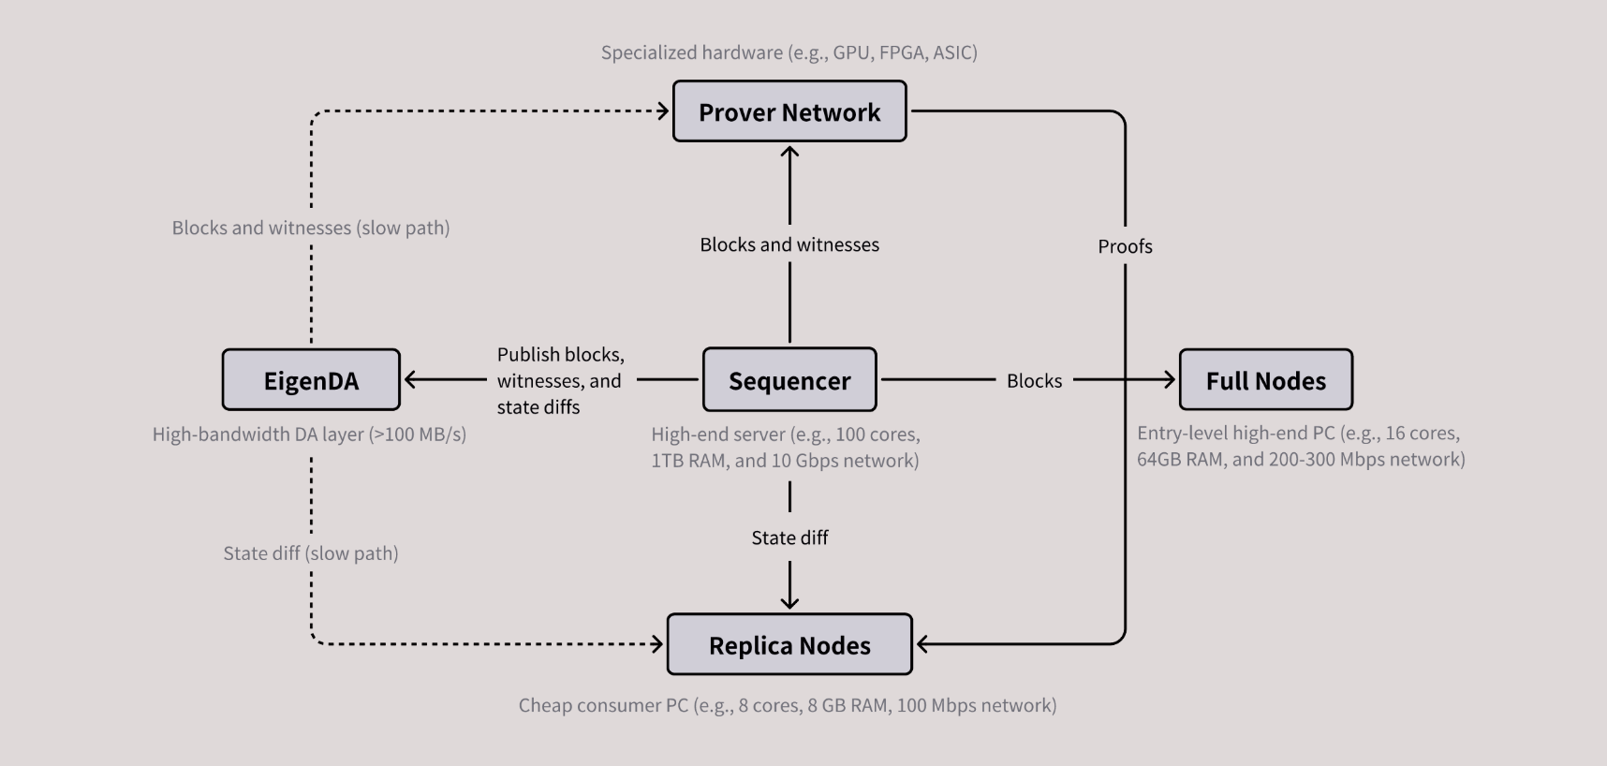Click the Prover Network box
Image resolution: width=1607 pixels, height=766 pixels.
coord(789,111)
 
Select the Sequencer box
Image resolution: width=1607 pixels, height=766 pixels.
coord(789,380)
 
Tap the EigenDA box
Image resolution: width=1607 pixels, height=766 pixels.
coord(311,380)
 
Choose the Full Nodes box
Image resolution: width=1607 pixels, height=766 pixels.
coord(1265,380)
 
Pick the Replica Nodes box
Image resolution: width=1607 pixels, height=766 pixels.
coord(789,645)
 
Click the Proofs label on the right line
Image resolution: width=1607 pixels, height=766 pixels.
coord(1125,246)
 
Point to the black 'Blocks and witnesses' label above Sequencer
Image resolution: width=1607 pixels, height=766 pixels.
coord(789,244)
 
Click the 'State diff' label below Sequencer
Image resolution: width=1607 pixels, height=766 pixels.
coord(789,538)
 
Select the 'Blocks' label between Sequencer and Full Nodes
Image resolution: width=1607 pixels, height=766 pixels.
coord(1034,380)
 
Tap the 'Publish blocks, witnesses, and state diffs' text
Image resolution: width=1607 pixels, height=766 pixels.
coord(559,380)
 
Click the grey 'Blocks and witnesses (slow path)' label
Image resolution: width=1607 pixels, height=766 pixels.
coord(311,228)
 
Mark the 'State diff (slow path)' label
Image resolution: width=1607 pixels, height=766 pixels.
coord(311,553)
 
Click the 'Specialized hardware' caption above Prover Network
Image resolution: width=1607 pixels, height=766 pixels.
coord(789,52)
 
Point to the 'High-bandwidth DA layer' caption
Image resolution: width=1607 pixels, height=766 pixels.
coord(309,435)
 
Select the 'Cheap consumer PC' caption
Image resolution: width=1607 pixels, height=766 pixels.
coord(788,705)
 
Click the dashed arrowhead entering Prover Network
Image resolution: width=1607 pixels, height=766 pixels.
coord(663,111)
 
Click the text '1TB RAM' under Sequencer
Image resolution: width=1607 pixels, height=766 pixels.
coord(689,461)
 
